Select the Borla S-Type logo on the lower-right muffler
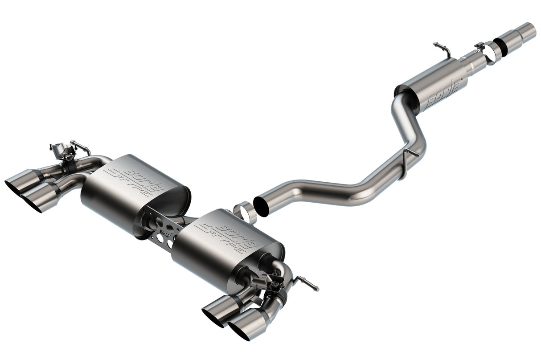227,235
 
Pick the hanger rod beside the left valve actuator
81,145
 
